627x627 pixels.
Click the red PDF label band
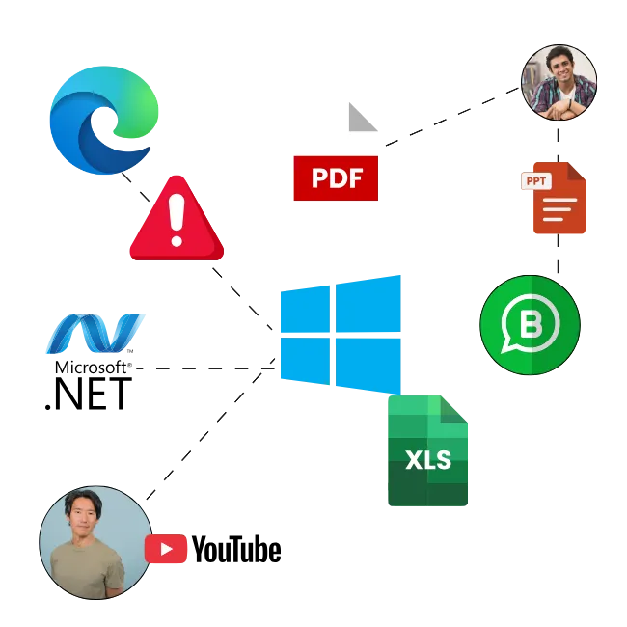(x=335, y=177)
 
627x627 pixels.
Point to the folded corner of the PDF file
(x=363, y=115)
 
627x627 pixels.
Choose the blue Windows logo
(x=340, y=333)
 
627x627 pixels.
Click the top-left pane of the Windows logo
(x=304, y=308)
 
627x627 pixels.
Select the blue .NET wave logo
(x=94, y=333)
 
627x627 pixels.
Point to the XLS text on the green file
(x=428, y=460)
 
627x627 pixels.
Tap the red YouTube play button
(x=167, y=549)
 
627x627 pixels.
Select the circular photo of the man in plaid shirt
(x=559, y=82)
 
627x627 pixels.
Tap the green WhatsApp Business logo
(x=530, y=326)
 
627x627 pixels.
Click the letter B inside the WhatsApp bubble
(x=532, y=325)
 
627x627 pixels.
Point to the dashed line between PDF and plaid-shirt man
(x=449, y=117)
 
